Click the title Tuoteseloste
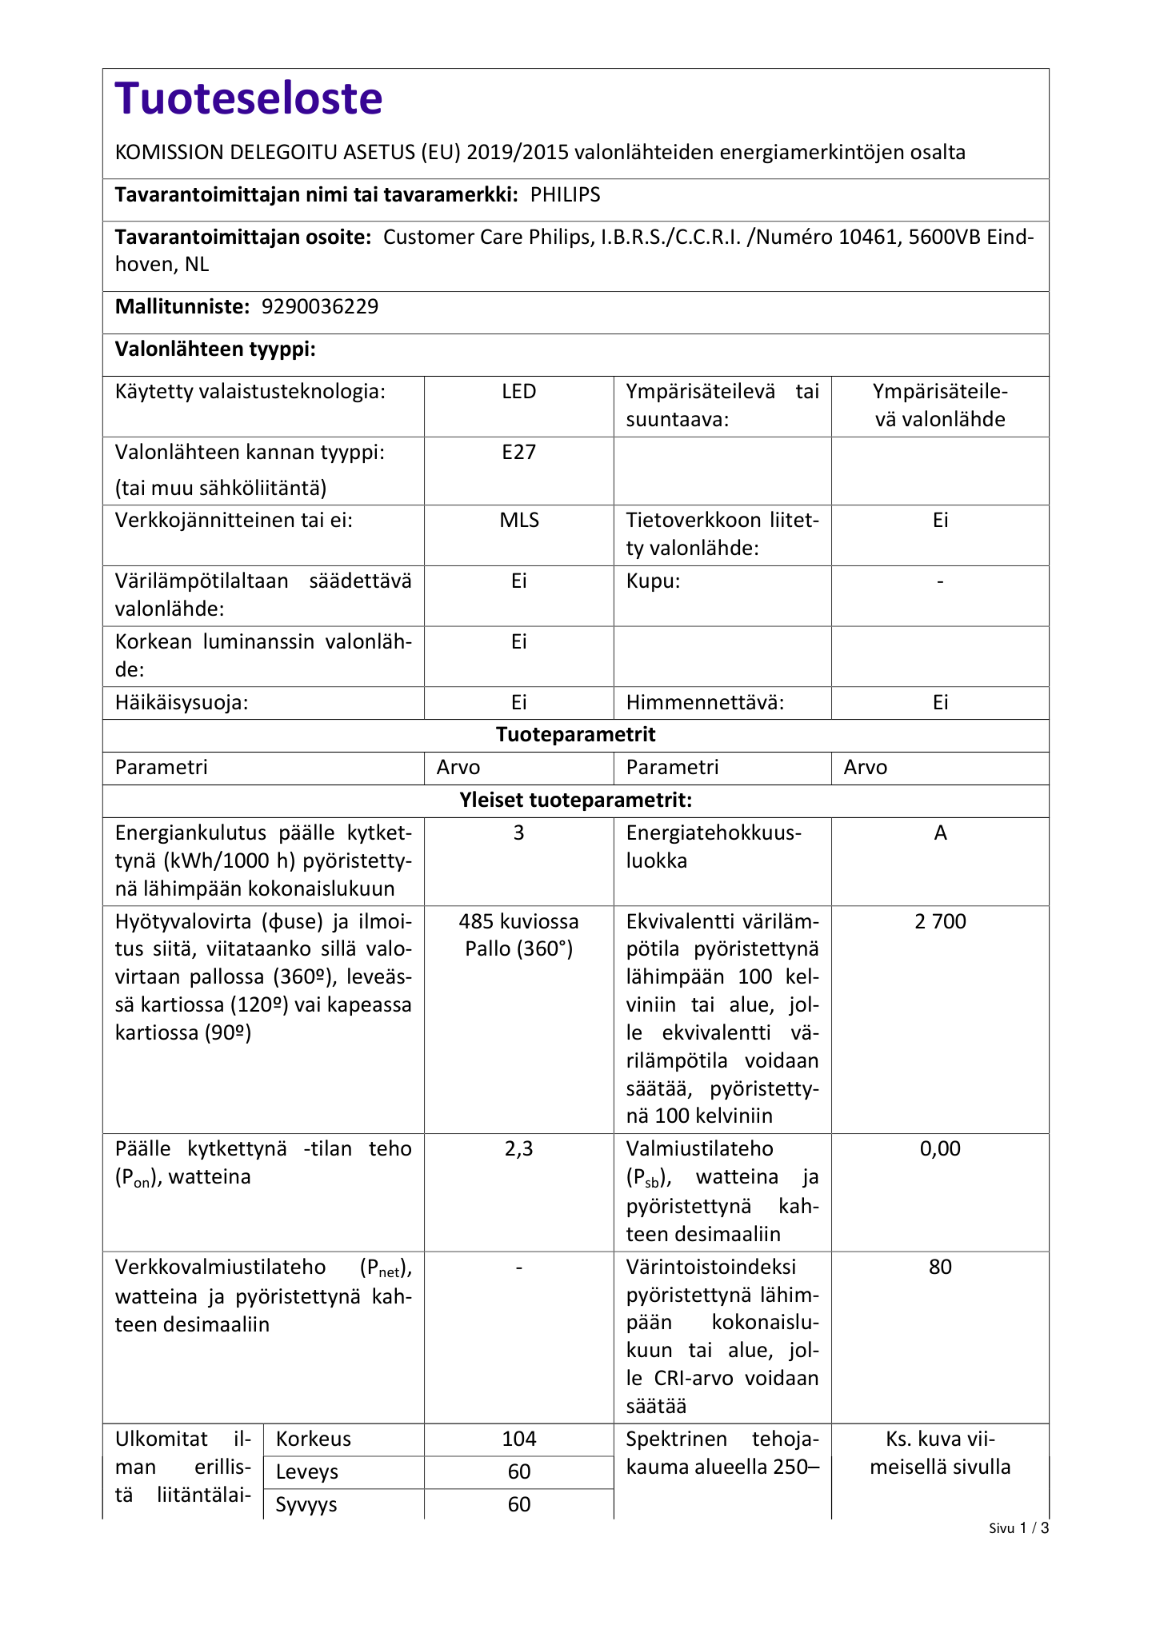point(249,99)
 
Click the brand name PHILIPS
point(565,195)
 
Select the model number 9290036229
point(320,307)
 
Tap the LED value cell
point(518,392)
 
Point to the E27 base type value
point(518,453)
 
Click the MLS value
point(518,521)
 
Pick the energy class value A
point(940,833)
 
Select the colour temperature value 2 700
point(940,922)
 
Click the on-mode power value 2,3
point(518,1149)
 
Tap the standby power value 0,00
point(940,1149)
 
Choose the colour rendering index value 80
point(940,1268)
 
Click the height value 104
point(518,1439)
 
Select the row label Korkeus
point(314,1439)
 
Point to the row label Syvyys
point(307,1505)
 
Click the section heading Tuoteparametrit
point(575,735)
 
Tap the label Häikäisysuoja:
point(182,703)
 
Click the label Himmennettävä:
point(705,703)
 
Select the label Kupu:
point(653,581)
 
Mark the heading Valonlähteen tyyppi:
point(215,350)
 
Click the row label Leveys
point(307,1472)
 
